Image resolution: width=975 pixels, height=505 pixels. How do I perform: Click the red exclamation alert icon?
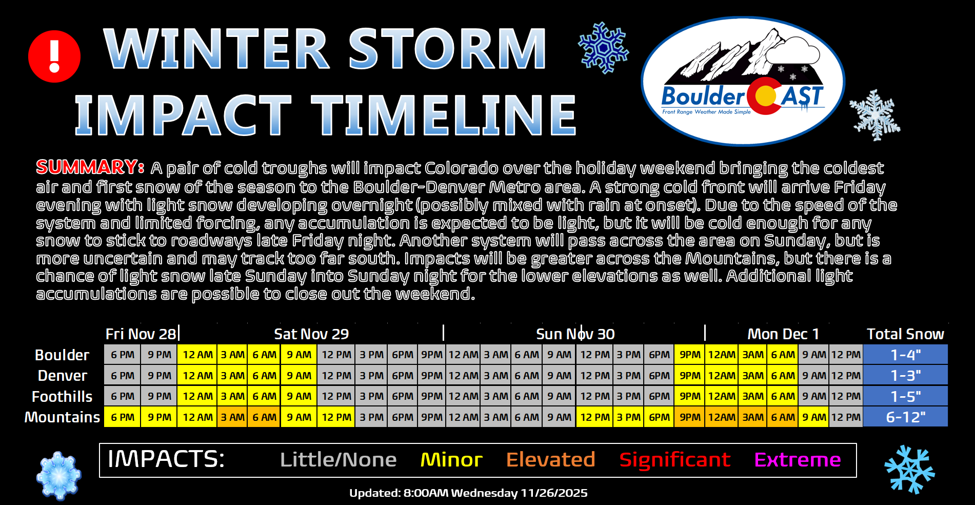point(54,56)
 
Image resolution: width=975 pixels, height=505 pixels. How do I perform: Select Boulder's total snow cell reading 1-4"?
point(905,355)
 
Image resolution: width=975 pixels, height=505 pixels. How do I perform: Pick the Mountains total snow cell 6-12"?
point(905,417)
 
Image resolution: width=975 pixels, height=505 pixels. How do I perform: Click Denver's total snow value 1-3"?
point(905,376)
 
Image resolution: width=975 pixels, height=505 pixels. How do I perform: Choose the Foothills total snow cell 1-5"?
point(905,396)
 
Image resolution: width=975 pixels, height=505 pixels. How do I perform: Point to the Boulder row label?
point(62,355)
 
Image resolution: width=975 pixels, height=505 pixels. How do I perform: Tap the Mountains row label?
point(62,417)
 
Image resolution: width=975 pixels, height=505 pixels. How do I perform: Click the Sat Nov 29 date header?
point(311,334)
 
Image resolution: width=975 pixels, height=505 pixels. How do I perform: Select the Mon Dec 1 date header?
point(783,334)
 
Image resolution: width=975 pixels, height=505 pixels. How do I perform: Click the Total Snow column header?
point(905,334)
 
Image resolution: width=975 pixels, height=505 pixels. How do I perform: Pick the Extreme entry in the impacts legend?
point(798,460)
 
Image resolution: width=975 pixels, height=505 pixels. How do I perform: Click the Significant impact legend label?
point(674,460)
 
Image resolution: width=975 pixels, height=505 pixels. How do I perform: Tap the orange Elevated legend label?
point(550,460)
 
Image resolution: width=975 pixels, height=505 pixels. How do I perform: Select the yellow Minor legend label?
point(451,460)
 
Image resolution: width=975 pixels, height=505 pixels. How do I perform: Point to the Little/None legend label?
point(338,460)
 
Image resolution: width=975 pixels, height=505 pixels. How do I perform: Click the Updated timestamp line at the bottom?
point(468,493)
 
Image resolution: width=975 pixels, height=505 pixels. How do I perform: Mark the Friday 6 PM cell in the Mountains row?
point(123,417)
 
